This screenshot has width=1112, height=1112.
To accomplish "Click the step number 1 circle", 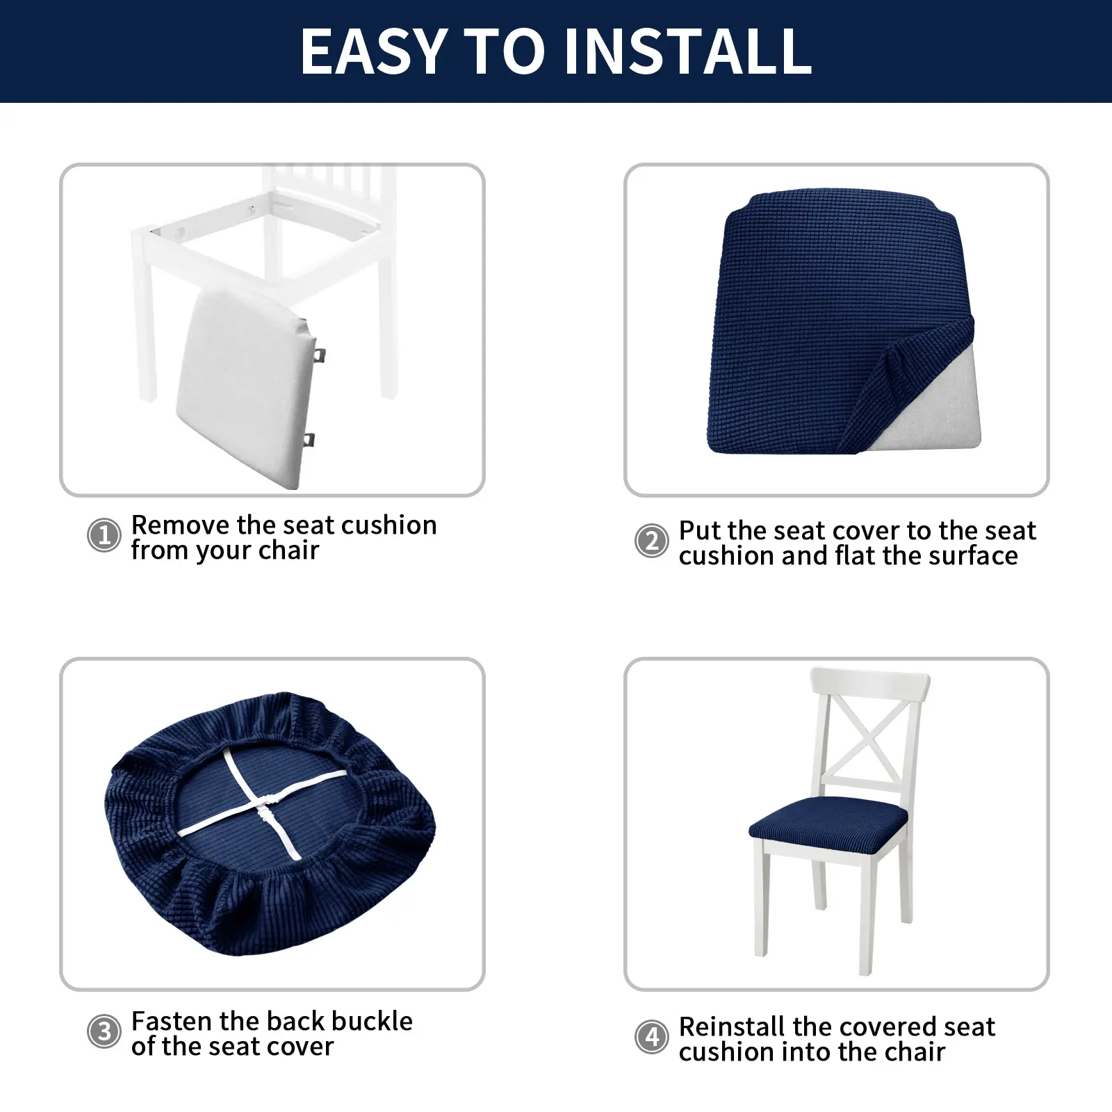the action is pyautogui.click(x=104, y=536).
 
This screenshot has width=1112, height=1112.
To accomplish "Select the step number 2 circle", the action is pyautogui.click(x=652, y=541).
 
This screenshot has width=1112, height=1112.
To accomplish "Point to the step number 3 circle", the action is pyautogui.click(x=104, y=1032).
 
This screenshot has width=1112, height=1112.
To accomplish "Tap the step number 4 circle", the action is pyautogui.click(x=652, y=1038).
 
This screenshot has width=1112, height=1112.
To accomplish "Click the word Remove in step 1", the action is pyautogui.click(x=181, y=525).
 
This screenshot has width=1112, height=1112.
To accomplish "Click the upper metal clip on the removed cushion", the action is pyautogui.click(x=320, y=355).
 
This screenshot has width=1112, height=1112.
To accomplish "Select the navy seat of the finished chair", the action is pyautogui.click(x=829, y=822).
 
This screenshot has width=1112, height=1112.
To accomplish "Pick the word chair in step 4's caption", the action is pyautogui.click(x=913, y=1052).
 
